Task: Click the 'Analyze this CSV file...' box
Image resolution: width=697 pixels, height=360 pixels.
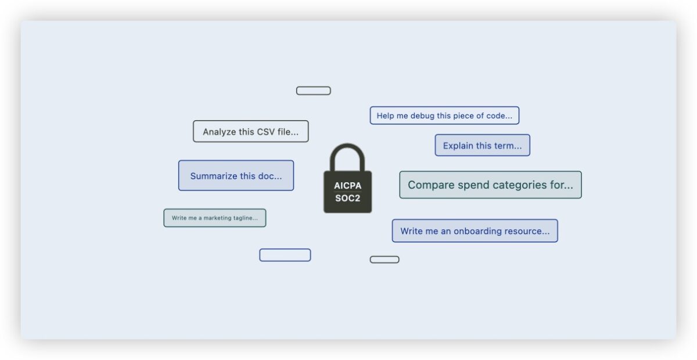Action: [250, 131]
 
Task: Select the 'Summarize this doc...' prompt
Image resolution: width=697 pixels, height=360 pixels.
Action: [236, 175]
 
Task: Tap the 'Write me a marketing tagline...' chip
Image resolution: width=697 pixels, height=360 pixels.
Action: [215, 218]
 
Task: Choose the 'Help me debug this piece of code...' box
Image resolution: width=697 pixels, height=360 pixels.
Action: [444, 116]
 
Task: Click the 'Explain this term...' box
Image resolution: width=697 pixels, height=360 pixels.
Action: [482, 145]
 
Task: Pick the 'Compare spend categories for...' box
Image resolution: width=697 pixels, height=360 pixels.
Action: [490, 185]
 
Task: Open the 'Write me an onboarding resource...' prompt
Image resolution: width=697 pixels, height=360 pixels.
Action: [475, 231]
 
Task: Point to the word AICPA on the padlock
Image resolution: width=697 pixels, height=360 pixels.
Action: [347, 185]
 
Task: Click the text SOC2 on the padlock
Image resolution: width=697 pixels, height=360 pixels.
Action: [347, 198]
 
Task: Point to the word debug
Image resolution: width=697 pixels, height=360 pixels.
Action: [422, 116]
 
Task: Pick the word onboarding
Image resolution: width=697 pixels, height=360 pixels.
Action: [477, 231]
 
